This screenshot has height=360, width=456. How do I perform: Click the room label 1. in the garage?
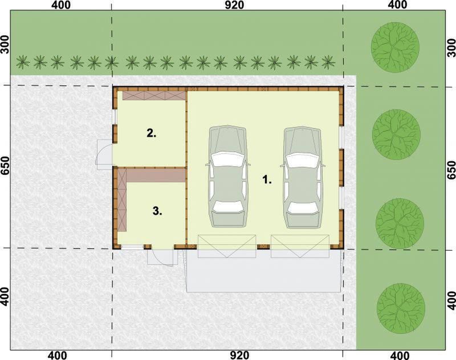click(267, 179)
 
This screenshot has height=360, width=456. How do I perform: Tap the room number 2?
click(151, 133)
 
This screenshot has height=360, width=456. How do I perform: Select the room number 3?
click(157, 211)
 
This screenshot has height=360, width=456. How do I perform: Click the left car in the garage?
click(227, 176)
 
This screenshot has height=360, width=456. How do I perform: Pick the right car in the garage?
click(303, 178)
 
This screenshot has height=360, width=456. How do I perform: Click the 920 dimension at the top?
click(234, 5)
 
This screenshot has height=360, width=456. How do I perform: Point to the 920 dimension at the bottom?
click(239, 355)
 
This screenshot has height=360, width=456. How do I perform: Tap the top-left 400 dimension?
click(61, 5)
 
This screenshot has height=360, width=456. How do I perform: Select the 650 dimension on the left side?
click(5, 166)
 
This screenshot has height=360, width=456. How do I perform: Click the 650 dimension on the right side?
click(451, 170)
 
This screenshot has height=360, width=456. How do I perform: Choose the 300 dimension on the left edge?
click(5, 45)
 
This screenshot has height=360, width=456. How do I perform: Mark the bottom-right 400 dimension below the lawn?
click(400, 355)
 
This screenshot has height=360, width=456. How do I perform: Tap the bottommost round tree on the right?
click(401, 308)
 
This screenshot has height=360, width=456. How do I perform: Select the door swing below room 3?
click(162, 257)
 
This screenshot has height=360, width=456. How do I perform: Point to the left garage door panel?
click(227, 246)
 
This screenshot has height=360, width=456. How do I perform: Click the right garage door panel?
click(300, 246)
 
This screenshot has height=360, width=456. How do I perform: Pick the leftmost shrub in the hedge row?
click(23, 62)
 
